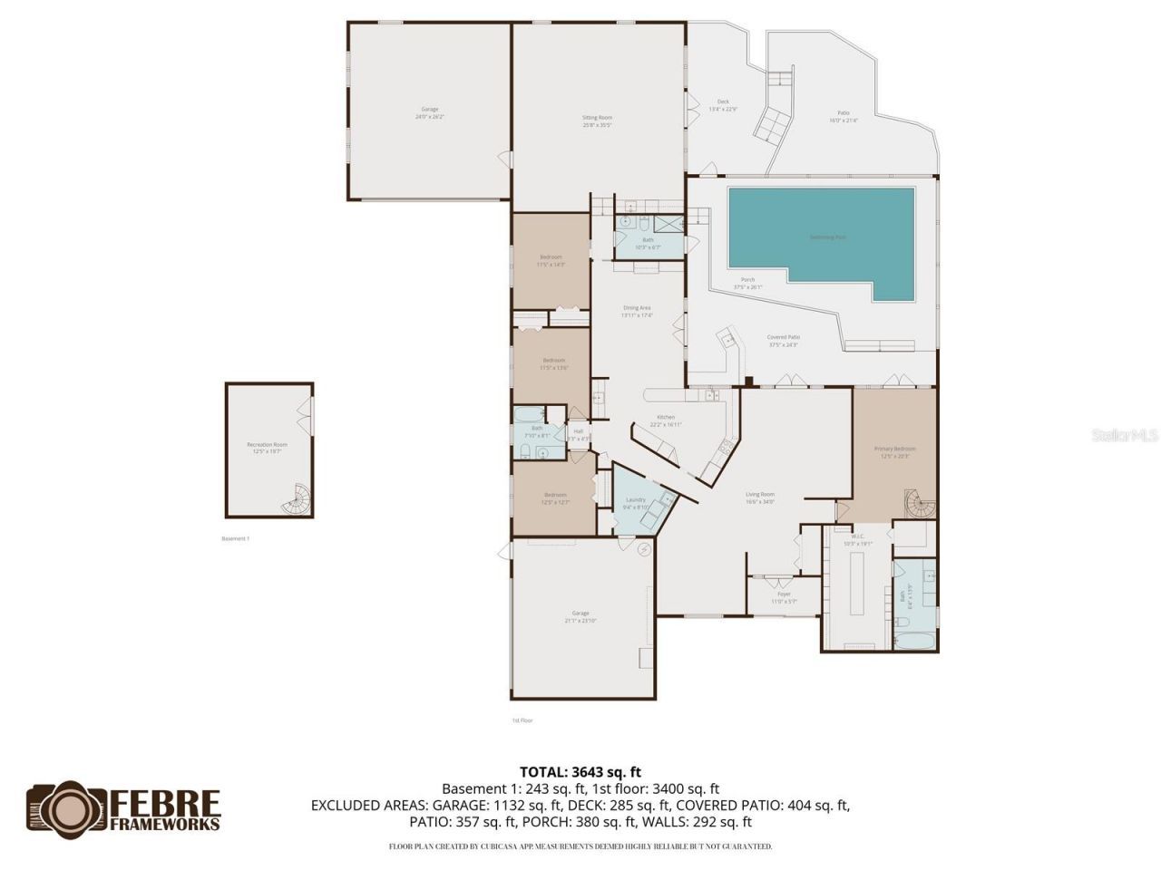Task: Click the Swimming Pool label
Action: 826,237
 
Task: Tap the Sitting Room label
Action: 597,118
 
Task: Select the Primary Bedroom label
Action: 894,449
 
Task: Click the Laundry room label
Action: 635,500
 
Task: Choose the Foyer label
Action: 784,594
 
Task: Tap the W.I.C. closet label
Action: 856,536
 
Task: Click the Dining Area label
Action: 637,308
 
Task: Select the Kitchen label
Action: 666,418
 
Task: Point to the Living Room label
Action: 759,495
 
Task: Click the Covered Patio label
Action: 784,337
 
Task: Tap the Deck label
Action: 723,102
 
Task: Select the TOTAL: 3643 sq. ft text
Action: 580,772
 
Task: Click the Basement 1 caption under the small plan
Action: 235,538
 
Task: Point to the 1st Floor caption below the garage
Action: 522,720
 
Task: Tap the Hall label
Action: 578,431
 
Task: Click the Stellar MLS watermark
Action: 1125,435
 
